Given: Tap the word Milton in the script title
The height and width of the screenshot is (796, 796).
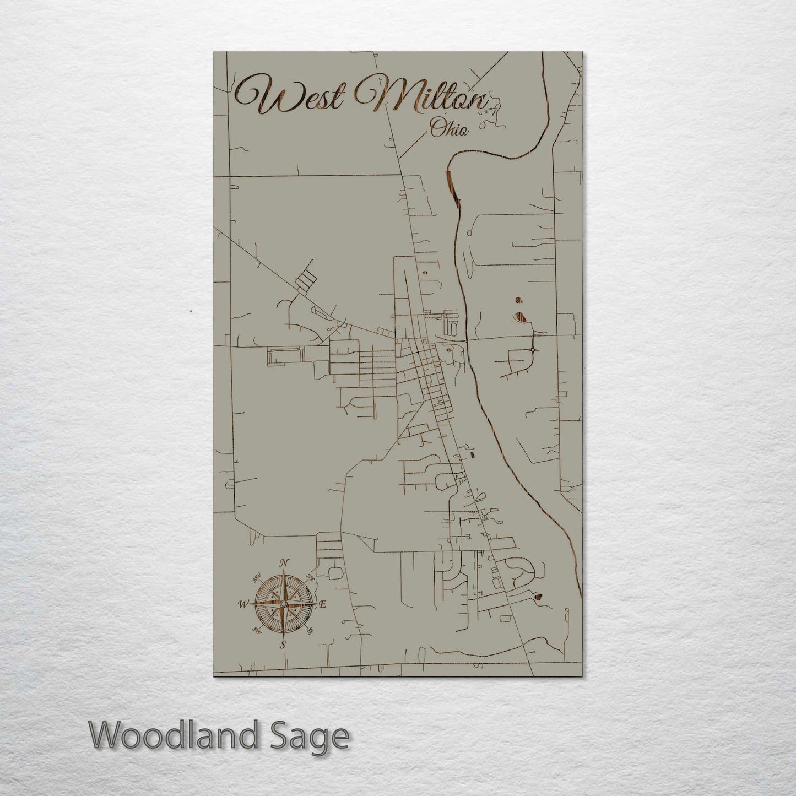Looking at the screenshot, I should [x=421, y=96].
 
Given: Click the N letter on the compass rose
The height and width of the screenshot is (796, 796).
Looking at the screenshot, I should [x=284, y=563].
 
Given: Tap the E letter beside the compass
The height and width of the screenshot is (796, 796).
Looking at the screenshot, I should [x=323, y=604].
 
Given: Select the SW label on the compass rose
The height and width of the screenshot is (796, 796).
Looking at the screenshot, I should [x=256, y=630].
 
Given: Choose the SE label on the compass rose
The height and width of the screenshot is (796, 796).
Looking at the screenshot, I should [x=310, y=630].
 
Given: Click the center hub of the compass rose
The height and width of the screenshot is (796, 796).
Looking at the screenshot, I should [x=283, y=604].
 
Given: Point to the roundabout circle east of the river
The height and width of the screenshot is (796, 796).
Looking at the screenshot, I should [x=533, y=350].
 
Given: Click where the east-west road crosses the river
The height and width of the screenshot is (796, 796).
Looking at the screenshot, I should [x=468, y=340].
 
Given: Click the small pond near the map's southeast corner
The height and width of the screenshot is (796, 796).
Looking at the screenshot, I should [x=538, y=595].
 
